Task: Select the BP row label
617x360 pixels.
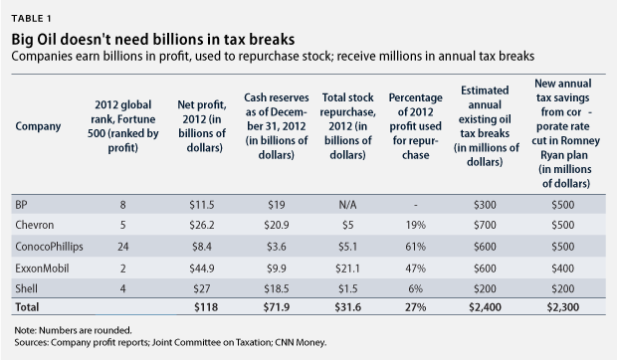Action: coord(21,203)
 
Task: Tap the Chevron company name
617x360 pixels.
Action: coord(34,224)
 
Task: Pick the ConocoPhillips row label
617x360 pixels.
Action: coord(50,246)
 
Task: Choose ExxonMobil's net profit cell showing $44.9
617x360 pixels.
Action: coord(202,267)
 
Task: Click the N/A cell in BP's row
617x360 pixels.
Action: coord(346,203)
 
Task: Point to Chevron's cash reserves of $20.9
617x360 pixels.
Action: coord(275,224)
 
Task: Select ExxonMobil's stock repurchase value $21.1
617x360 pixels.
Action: coord(346,267)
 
